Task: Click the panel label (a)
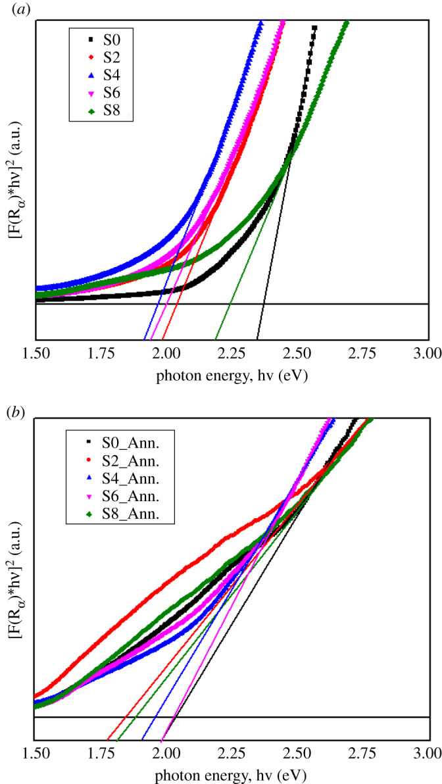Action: point(11,10)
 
